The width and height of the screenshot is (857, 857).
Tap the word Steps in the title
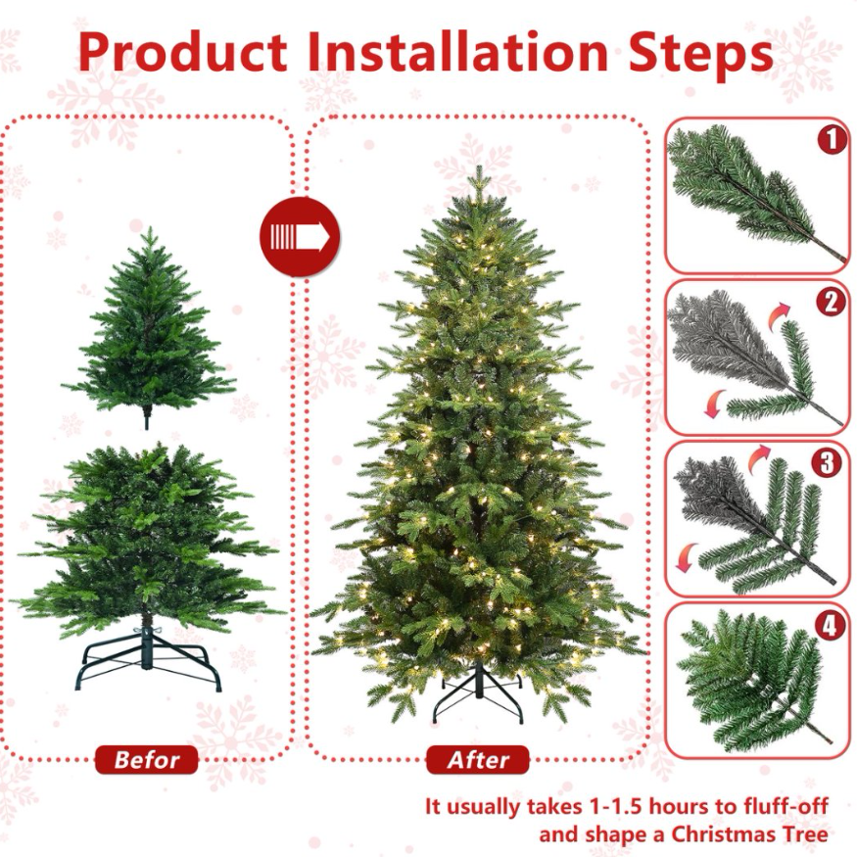[701, 53]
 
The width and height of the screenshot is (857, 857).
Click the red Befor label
[147, 760]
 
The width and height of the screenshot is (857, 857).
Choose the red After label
[478, 760]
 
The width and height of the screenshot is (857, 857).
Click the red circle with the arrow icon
[300, 237]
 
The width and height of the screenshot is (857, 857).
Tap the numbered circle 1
[832, 140]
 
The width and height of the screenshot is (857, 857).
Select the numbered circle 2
[831, 301]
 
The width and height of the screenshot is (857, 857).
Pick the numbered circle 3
[827, 462]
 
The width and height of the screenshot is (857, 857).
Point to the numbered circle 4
[830, 625]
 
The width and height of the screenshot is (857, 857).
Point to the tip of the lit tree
[479, 167]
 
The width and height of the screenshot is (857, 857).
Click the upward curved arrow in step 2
[780, 316]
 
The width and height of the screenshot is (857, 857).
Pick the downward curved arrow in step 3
[687, 557]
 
